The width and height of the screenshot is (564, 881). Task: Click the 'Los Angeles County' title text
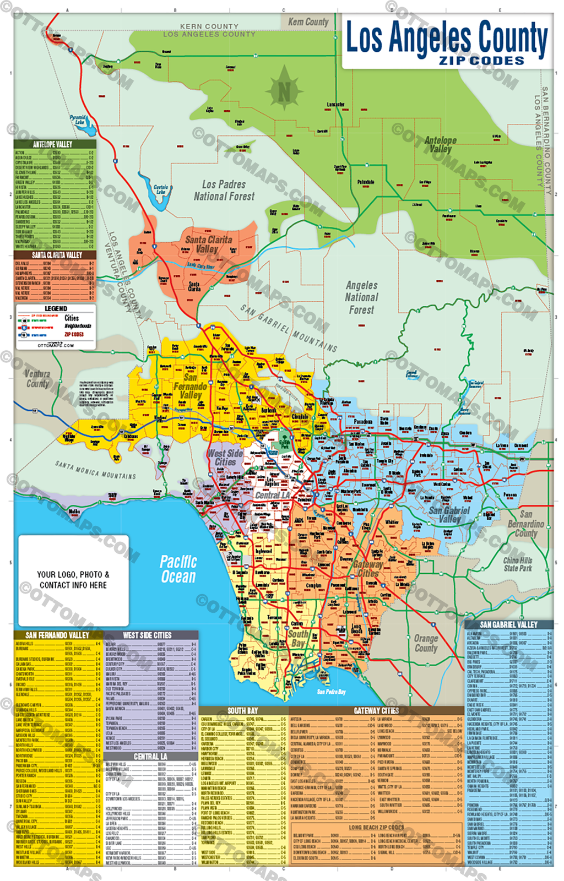(x=447, y=37)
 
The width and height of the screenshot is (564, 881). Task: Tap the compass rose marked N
(x=284, y=90)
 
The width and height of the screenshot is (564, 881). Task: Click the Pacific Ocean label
(x=178, y=569)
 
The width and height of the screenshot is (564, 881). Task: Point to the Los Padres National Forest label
(x=224, y=191)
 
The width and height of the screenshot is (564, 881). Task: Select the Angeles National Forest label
(x=361, y=297)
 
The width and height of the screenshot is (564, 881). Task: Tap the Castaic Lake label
(x=161, y=189)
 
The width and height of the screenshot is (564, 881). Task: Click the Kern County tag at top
(x=308, y=22)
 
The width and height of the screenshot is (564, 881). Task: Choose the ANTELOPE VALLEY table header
(x=53, y=144)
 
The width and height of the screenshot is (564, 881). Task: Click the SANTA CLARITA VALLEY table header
(x=57, y=255)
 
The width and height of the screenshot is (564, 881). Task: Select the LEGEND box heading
(x=56, y=309)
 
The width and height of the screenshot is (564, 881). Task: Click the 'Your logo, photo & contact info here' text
(x=73, y=580)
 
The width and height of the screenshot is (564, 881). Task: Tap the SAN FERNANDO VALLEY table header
(x=57, y=635)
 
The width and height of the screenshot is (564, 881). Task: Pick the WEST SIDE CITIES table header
(x=147, y=635)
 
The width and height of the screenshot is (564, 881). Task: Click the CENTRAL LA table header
(x=150, y=757)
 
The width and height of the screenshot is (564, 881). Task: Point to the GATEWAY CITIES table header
(x=376, y=711)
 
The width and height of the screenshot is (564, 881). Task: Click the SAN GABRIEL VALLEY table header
(x=508, y=624)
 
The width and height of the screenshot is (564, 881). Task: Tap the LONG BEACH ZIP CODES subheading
(x=377, y=827)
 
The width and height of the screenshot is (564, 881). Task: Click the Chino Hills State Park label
(x=518, y=564)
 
